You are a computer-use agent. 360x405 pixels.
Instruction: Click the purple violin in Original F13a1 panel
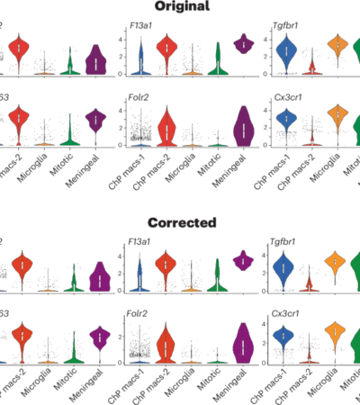point(242,43)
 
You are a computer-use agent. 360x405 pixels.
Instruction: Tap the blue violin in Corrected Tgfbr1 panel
point(286,268)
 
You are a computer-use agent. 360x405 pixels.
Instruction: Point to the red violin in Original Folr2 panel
point(166,130)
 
